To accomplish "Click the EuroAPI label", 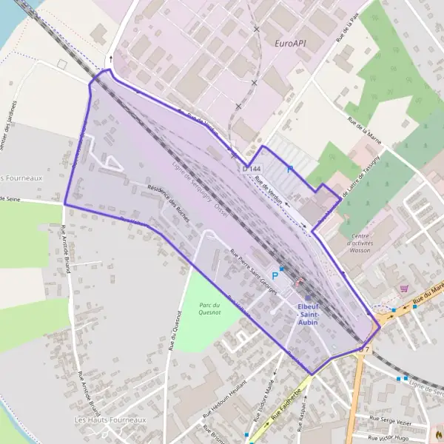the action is coord(290,44).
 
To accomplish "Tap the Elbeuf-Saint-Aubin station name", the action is coord(307,311).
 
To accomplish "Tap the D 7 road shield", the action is coord(365,348).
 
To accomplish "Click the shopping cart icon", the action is coord(403,288).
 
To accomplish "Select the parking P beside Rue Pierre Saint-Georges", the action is coord(275,275).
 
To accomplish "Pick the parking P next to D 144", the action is coord(290,170).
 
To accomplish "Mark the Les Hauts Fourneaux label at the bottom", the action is coord(110,420).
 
